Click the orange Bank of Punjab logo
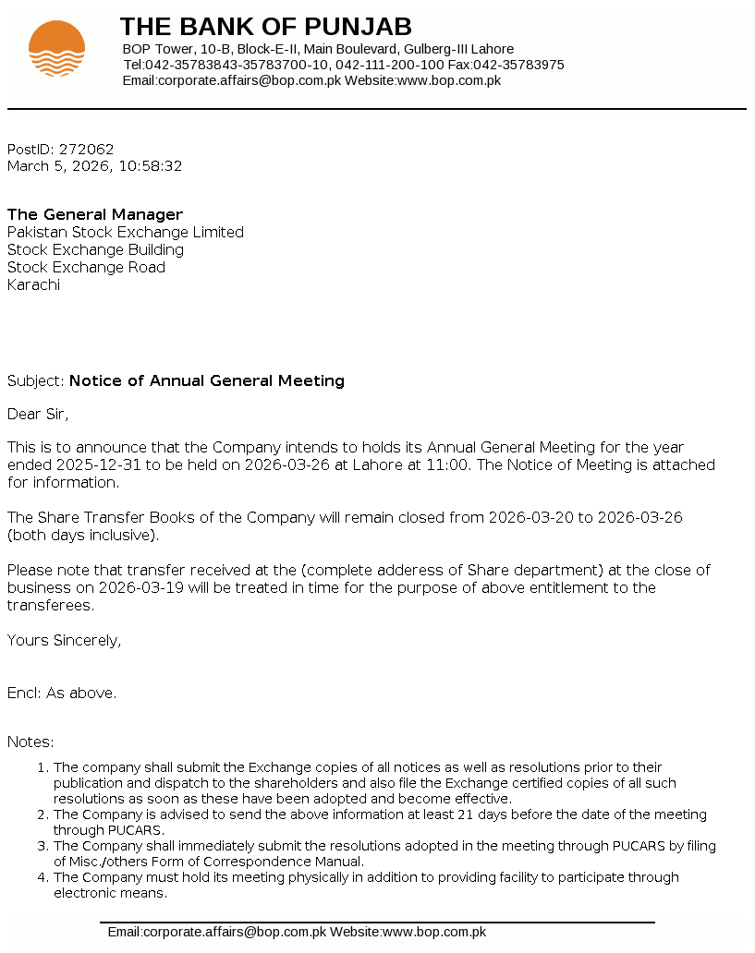[x=56, y=48]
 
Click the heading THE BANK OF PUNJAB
[x=266, y=26]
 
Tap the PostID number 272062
[x=86, y=149]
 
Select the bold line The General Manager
[x=95, y=215]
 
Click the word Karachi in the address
[x=33, y=284]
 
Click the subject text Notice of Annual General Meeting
[x=207, y=380]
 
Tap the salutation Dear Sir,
[x=38, y=414]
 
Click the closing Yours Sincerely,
[x=64, y=640]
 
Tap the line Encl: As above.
[x=62, y=693]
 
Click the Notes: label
[x=30, y=742]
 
